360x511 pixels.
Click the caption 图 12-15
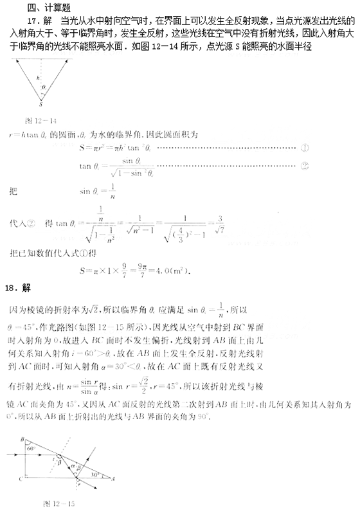59,502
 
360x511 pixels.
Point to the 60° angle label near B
30,448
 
